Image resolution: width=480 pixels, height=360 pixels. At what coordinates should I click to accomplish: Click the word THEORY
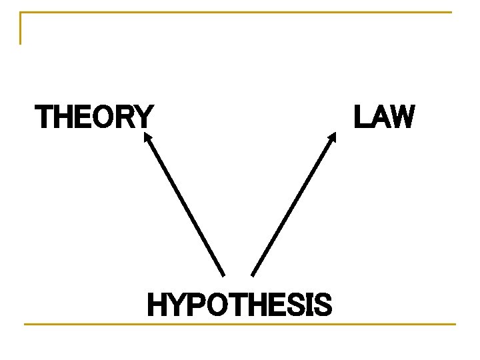click(94, 117)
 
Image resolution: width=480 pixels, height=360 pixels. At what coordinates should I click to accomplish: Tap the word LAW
click(384, 117)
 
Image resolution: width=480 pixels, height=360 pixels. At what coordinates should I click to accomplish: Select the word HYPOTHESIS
click(239, 305)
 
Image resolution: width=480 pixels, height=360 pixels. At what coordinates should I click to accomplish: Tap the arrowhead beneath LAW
click(333, 137)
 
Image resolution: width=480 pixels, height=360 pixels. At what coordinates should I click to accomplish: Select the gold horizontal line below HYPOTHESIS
click(239, 325)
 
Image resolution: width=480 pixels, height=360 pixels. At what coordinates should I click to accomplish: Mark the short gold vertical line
click(21, 28)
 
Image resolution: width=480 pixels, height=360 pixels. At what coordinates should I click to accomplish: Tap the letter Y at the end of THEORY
click(144, 117)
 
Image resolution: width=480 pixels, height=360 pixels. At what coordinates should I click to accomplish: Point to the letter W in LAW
click(402, 117)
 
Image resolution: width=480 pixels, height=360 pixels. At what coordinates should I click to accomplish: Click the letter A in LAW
click(380, 117)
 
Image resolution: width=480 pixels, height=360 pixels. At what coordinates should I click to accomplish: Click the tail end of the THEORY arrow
click(223, 274)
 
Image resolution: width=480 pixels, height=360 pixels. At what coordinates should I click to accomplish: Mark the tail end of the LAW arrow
click(253, 274)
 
